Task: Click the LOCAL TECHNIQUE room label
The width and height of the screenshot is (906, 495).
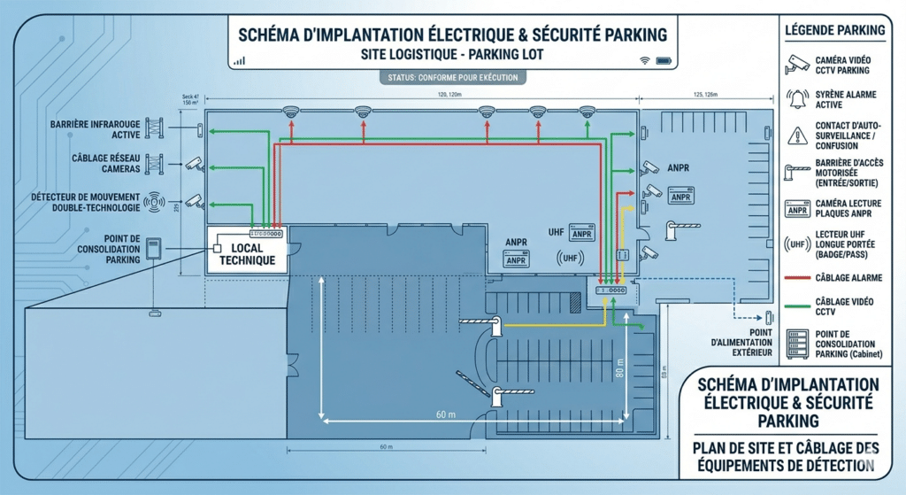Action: pos(247,254)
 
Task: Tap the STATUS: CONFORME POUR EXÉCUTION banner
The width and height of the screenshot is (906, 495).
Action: pos(453,78)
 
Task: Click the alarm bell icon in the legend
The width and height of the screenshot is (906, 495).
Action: pos(797,98)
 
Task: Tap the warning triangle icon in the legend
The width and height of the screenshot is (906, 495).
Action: pos(797,134)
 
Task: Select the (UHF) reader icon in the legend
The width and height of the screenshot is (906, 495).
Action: pos(797,244)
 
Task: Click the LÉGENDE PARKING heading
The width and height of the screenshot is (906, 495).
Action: pos(834,30)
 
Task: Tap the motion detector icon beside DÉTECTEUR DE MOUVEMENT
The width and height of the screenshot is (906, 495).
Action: pos(158,202)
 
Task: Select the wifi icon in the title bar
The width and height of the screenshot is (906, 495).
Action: pos(643,60)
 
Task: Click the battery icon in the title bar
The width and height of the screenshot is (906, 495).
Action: pos(662,60)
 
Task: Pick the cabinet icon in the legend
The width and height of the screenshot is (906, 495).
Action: pos(797,343)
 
